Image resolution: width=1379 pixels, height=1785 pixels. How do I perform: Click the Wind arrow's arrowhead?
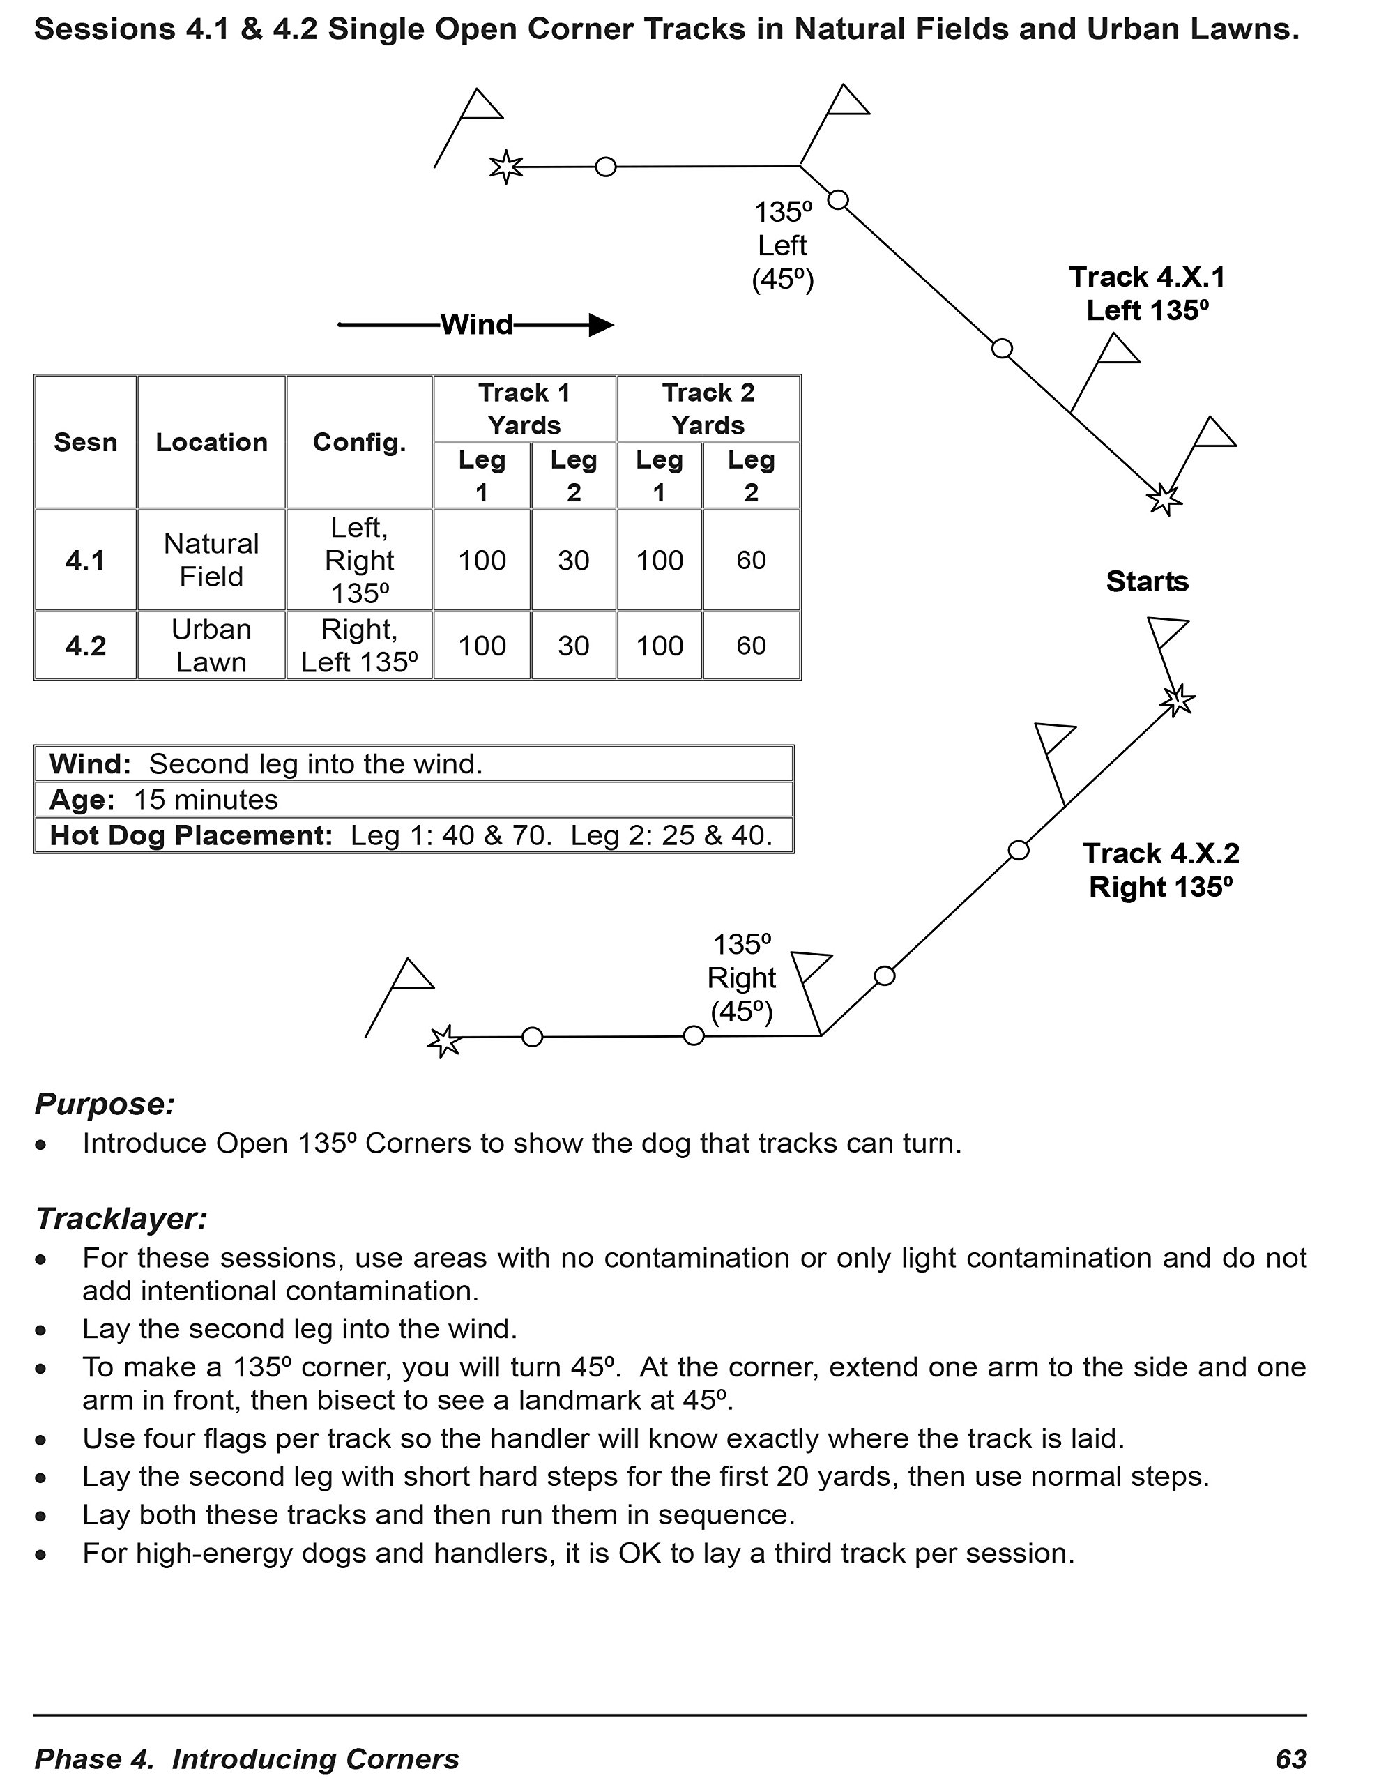(601, 326)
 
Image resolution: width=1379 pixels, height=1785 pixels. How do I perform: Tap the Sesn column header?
(85, 442)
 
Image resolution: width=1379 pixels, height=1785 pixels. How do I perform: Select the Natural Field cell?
(211, 560)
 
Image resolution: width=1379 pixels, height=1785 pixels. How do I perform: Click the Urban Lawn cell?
(211, 646)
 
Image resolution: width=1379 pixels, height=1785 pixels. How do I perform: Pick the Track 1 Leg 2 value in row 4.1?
(573, 560)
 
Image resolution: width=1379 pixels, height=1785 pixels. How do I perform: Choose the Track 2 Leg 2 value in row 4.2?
(750, 646)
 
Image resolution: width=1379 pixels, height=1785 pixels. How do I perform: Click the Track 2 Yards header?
(708, 409)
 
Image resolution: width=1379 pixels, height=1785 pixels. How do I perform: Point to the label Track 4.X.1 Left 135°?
(1147, 294)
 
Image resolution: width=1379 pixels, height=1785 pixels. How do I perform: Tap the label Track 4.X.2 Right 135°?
(1161, 869)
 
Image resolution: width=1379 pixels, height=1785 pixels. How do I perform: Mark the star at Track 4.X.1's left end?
(506, 167)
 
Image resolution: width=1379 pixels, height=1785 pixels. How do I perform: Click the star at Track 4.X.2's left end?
(445, 1041)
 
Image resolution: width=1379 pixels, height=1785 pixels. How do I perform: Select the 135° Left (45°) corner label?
(783, 245)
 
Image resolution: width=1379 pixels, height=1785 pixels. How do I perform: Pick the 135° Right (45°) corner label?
(741, 978)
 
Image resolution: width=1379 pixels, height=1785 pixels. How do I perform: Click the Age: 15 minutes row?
(163, 799)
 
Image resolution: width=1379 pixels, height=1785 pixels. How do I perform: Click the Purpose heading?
(105, 1104)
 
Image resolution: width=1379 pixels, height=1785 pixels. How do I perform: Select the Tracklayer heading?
(121, 1219)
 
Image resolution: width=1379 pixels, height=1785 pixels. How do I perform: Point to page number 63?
(1290, 1759)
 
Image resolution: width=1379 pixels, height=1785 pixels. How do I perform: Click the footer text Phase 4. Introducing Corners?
(247, 1759)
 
